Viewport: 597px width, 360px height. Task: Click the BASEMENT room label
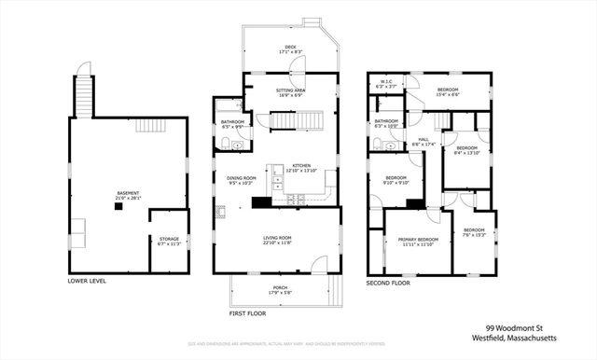point(127,195)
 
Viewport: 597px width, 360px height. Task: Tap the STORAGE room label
point(169,239)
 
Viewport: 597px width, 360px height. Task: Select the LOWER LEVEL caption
point(87,280)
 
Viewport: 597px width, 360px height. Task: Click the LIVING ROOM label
point(277,240)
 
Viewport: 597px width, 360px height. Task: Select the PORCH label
point(280,289)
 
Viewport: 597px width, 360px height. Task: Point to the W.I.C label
point(385,82)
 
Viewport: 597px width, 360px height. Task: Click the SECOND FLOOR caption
point(387,281)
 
